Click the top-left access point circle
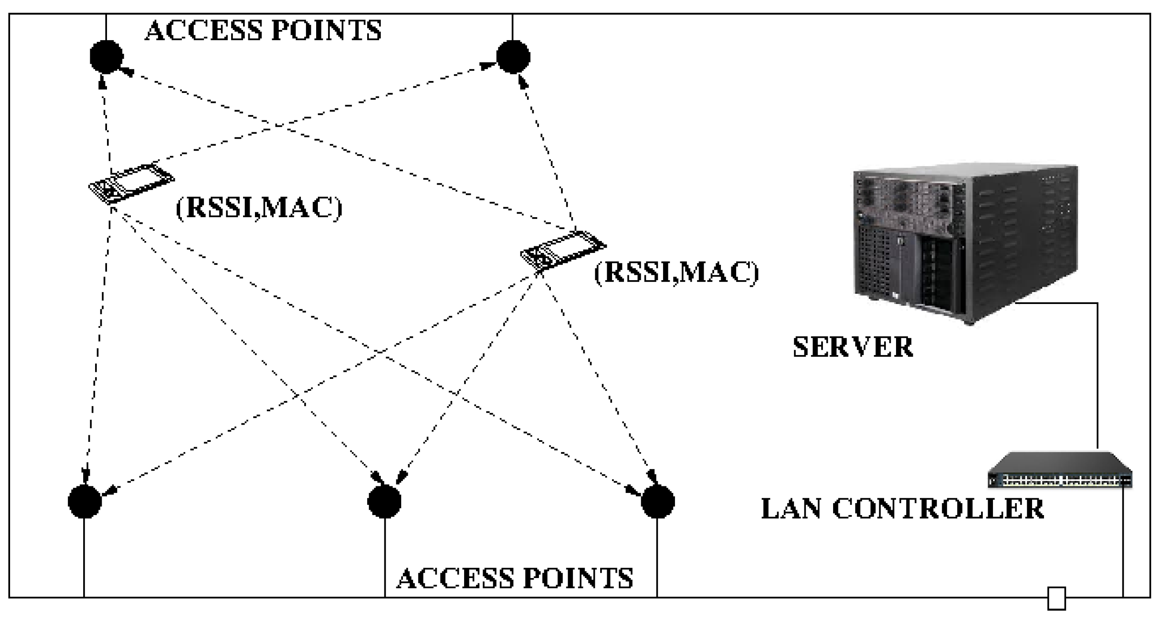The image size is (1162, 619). point(107,57)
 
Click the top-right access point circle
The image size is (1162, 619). point(513,57)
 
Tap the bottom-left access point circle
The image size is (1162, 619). point(85,502)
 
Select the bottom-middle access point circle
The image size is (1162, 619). point(384,502)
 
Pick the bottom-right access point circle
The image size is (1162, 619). point(658,502)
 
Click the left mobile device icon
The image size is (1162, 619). point(131,184)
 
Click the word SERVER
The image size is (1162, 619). point(852,347)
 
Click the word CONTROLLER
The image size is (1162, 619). point(938,509)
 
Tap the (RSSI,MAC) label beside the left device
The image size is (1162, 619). point(259,208)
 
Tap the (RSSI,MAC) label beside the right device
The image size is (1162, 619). point(676,273)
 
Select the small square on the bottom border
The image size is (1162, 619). point(1056,599)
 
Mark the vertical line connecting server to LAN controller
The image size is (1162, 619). point(1097,375)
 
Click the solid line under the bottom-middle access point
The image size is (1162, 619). point(385,558)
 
